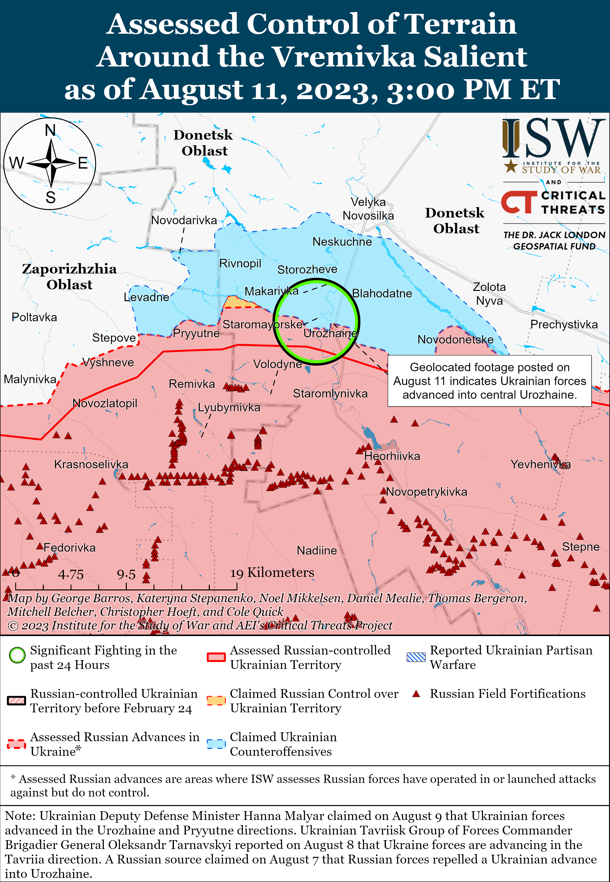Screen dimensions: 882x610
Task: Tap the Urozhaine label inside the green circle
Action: pyautogui.click(x=330, y=333)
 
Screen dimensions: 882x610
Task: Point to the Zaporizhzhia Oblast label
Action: pyautogui.click(x=69, y=277)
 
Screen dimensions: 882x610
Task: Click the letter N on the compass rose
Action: pyautogui.click(x=50, y=131)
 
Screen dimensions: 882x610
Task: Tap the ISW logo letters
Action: pyautogui.click(x=553, y=138)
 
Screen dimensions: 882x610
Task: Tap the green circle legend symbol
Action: pyautogui.click(x=17, y=655)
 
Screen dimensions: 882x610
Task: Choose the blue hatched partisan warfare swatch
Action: pyautogui.click(x=416, y=657)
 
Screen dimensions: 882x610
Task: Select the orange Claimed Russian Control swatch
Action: pyautogui.click(x=216, y=700)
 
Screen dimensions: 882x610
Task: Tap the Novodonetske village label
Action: pyautogui.click(x=455, y=339)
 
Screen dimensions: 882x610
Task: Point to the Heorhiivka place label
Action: pyautogui.click(x=392, y=456)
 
